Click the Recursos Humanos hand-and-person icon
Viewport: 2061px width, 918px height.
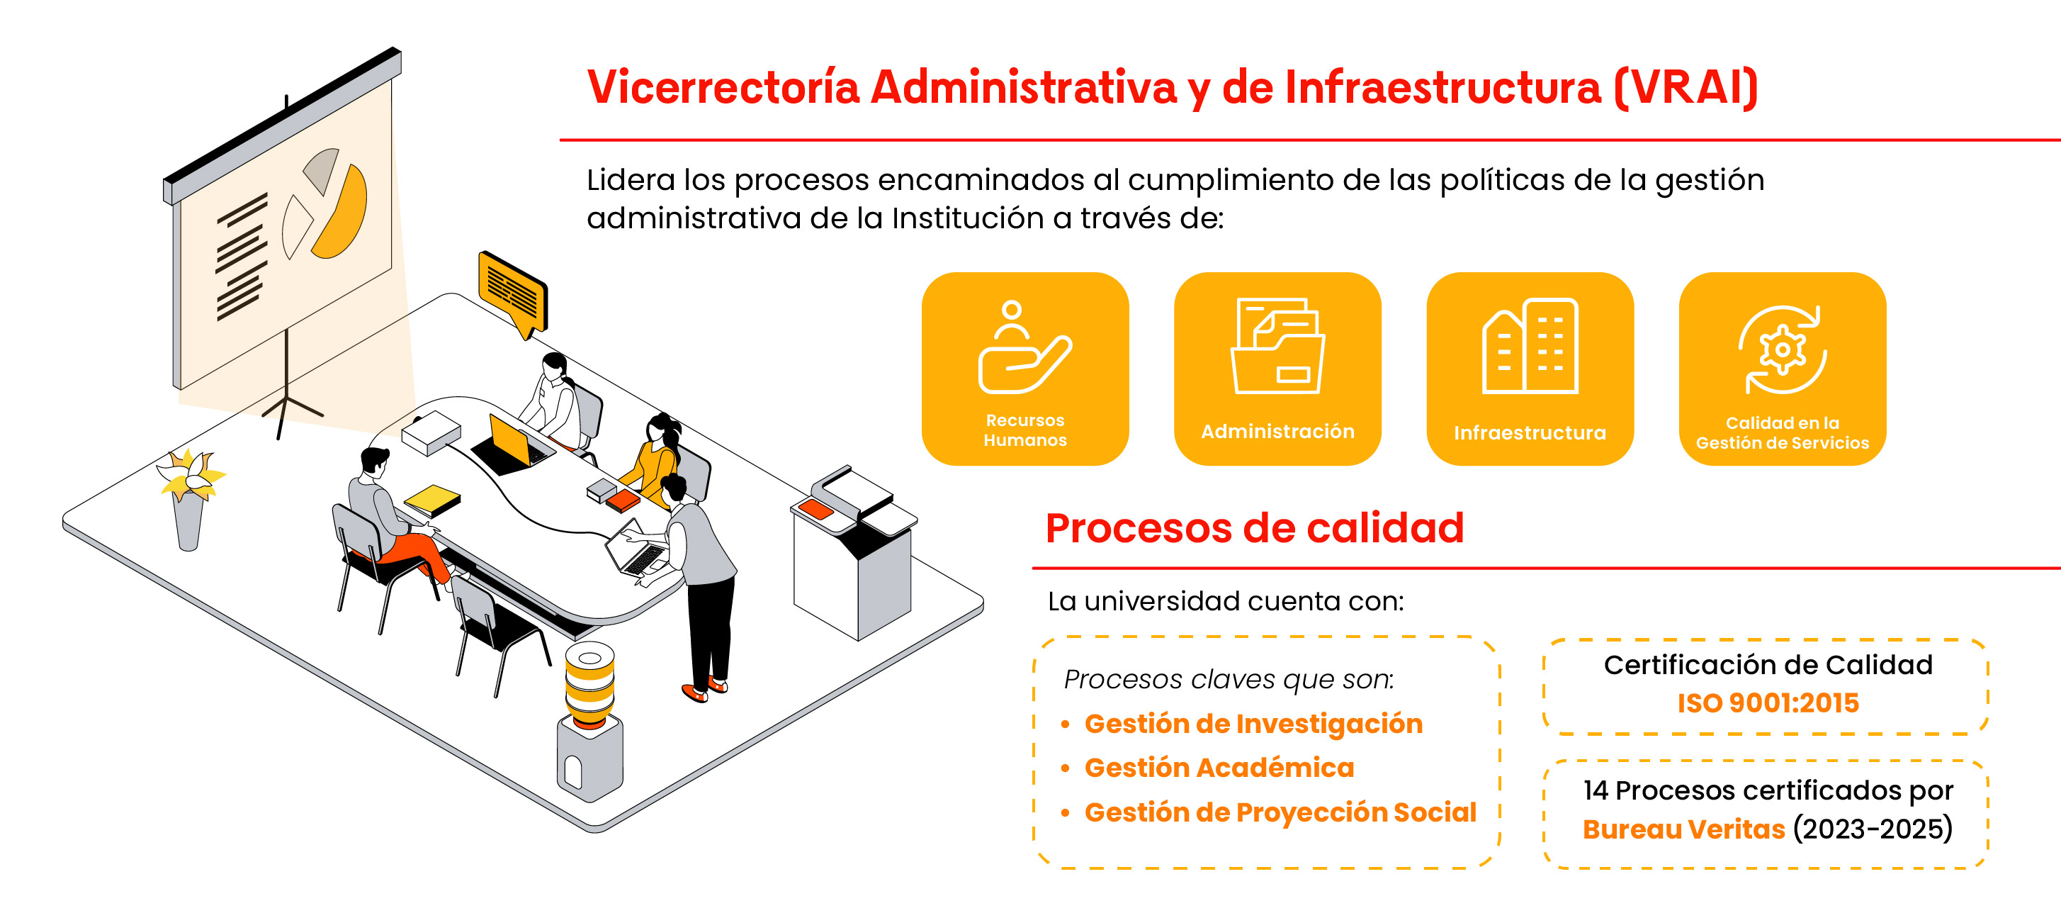[x=1024, y=348]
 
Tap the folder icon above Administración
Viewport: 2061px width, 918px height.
[x=1277, y=346]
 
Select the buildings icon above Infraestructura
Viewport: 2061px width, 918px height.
[x=1530, y=346]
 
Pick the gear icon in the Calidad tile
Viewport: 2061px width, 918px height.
[x=1783, y=349]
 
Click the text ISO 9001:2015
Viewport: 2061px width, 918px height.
[x=1768, y=703]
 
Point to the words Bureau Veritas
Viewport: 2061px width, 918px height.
[x=1683, y=829]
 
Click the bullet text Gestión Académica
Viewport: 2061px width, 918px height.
[x=1219, y=768]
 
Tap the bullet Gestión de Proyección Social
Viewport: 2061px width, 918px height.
[x=1280, y=812]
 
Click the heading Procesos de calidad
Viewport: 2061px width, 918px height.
[x=1255, y=528]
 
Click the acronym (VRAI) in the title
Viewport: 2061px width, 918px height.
[x=1685, y=87]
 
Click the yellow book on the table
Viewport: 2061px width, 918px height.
[x=432, y=500]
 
